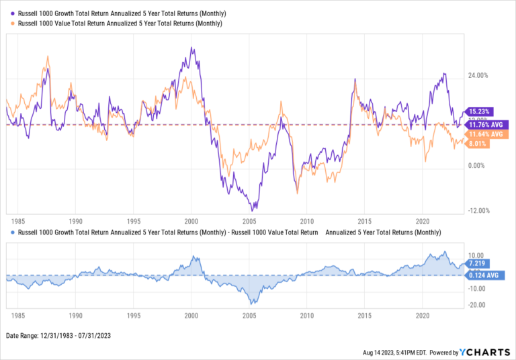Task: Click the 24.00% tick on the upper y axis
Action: click(x=478, y=75)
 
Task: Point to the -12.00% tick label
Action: click(x=478, y=211)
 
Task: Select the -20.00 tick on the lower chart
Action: click(x=478, y=305)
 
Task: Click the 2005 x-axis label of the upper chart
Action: click(x=249, y=221)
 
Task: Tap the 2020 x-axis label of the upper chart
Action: click(x=423, y=221)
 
